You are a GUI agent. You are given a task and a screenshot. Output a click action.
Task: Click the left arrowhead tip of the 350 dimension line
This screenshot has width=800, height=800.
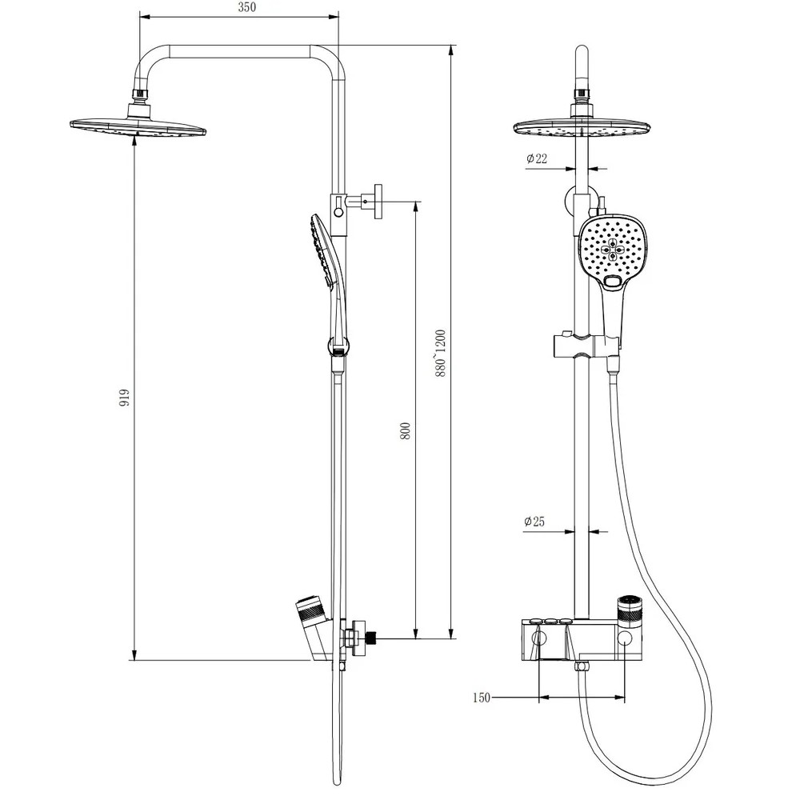(x=140, y=17)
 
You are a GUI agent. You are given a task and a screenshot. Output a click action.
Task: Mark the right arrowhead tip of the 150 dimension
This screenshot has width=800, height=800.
(x=625, y=697)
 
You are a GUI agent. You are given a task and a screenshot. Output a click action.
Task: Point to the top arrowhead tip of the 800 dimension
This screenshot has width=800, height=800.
(x=416, y=202)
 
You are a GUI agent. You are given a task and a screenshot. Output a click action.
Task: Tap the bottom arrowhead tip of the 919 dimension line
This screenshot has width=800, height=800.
(x=134, y=660)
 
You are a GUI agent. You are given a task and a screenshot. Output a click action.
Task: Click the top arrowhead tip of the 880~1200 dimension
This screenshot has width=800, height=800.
(x=451, y=46)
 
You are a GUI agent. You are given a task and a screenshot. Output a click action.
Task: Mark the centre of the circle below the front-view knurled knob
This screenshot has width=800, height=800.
(x=626, y=638)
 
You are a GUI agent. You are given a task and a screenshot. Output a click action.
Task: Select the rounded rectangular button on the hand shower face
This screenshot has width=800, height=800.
(x=611, y=280)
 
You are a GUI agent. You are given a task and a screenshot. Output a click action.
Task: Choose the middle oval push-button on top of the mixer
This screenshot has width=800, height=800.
(x=550, y=621)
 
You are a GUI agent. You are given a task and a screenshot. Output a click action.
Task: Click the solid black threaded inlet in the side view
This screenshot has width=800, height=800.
(x=371, y=638)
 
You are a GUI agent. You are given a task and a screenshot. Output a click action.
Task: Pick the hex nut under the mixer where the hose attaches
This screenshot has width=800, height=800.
(x=581, y=666)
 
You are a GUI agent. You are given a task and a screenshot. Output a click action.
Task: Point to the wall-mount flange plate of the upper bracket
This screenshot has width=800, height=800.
(x=378, y=202)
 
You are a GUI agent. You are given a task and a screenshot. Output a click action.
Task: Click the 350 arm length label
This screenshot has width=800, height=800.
(x=247, y=8)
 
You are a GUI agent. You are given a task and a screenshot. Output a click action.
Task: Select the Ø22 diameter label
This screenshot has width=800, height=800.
(x=537, y=158)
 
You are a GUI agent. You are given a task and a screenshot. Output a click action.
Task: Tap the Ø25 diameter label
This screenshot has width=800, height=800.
(x=534, y=522)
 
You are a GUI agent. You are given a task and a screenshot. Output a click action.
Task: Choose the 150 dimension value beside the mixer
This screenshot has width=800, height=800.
(x=481, y=698)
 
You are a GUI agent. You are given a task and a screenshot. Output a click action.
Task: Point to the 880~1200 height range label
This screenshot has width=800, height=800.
(x=441, y=354)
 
